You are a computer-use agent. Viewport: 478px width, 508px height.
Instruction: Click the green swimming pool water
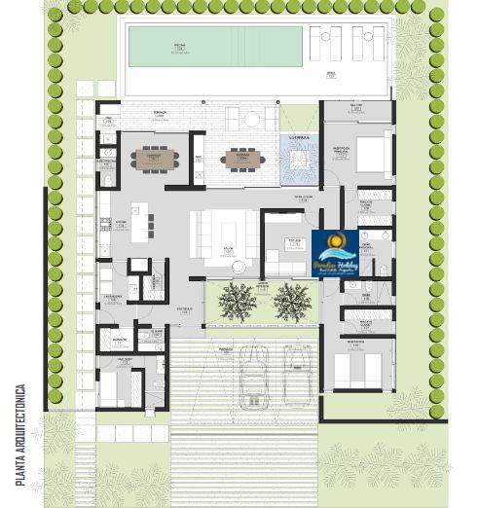[202, 47]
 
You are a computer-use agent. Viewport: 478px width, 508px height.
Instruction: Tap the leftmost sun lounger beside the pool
[318, 44]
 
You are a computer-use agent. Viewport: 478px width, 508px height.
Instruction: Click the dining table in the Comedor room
[153, 159]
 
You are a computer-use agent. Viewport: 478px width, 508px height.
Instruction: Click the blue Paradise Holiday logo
[335, 254]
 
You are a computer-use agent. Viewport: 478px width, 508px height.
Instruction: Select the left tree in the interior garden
[237, 302]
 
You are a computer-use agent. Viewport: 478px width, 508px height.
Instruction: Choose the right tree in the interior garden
[291, 303]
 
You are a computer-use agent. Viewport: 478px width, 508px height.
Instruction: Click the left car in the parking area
[254, 375]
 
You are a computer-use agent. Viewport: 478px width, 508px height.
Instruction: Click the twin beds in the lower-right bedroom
[357, 371]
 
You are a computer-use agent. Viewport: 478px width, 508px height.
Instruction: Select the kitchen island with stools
[146, 223]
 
